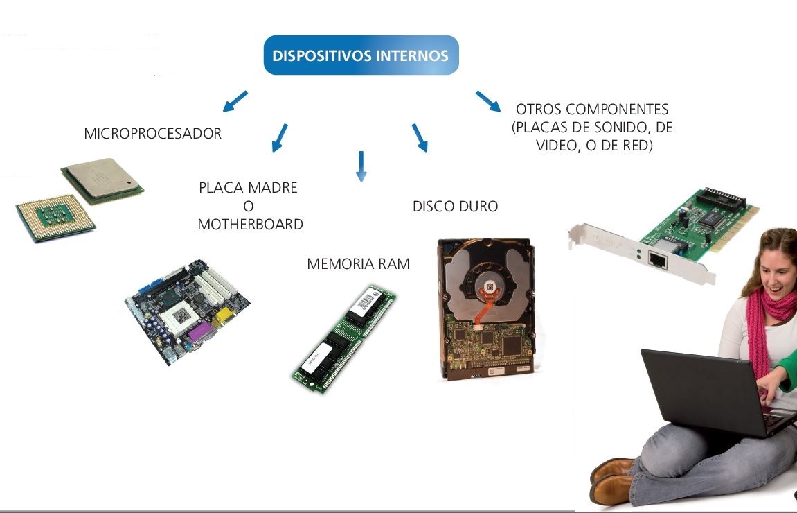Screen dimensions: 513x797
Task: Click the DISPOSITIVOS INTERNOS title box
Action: click(361, 55)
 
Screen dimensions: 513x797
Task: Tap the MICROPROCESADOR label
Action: click(152, 134)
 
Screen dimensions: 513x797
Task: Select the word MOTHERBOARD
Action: click(250, 225)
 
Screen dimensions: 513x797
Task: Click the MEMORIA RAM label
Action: click(358, 264)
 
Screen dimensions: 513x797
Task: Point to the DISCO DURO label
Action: click(455, 207)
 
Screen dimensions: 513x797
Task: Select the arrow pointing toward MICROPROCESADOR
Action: click(235, 101)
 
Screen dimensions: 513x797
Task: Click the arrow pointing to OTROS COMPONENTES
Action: click(488, 101)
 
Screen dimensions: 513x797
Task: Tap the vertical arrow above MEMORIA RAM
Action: click(360, 166)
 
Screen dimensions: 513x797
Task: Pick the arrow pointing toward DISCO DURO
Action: click(420, 138)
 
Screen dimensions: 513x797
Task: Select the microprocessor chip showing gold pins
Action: click(55, 217)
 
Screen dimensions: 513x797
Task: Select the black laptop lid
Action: click(699, 388)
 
